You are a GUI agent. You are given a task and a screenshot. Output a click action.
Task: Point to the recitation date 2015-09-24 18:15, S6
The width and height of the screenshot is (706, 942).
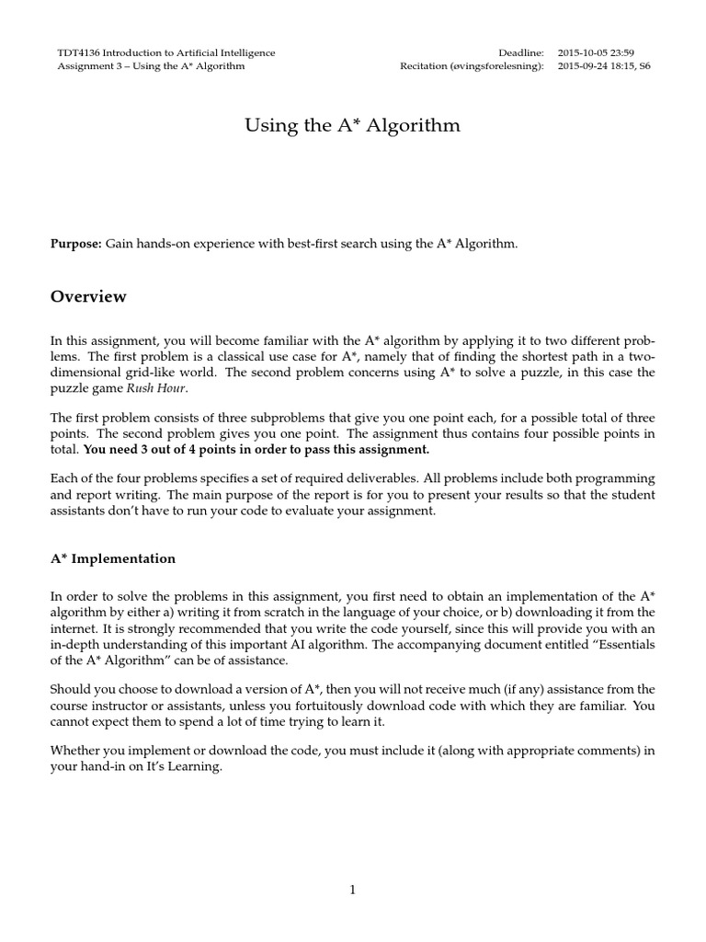pos(604,67)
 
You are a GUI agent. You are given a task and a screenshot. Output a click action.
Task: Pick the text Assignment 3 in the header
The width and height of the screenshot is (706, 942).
pos(86,67)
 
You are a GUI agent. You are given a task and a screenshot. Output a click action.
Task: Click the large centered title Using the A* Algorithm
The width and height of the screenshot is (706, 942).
pos(352,126)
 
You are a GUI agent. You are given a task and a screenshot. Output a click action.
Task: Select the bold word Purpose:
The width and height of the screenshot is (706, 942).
pos(75,244)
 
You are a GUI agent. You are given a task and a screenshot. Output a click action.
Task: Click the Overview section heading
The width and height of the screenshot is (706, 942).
pos(88,297)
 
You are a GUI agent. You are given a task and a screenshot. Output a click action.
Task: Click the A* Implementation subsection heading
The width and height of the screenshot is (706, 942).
pos(112,558)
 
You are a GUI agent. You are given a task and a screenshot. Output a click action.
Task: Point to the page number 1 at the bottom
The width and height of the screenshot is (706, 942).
pos(352,890)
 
